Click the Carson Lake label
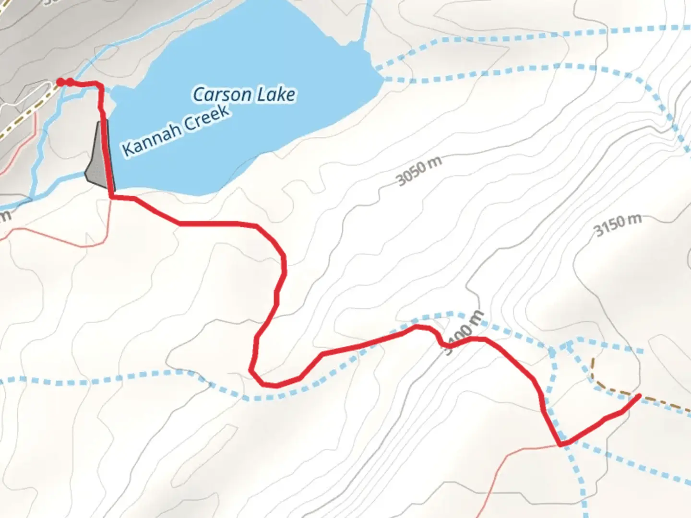point(244,94)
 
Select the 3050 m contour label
point(419,171)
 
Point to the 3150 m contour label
point(618,225)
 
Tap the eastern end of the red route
point(639,396)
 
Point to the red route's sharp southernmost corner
point(560,444)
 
